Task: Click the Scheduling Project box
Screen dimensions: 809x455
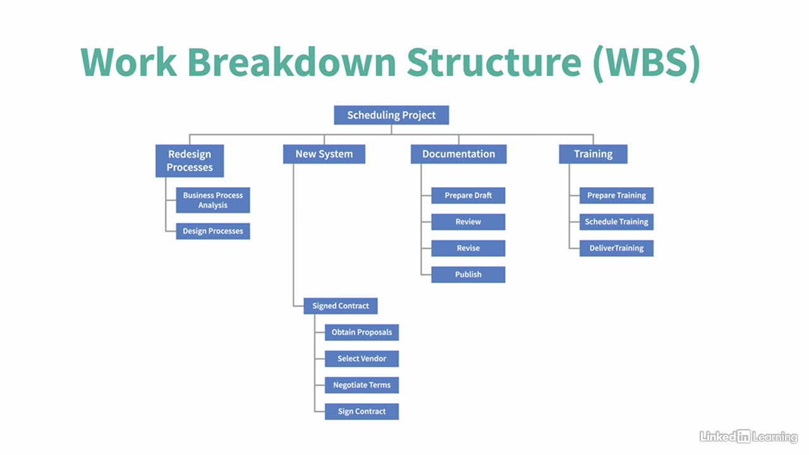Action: [x=391, y=115]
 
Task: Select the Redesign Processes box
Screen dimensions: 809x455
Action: [x=190, y=161]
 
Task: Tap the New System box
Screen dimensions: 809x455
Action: [x=324, y=154]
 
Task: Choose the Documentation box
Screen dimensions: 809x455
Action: [x=459, y=154]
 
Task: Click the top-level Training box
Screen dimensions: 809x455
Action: [x=593, y=154]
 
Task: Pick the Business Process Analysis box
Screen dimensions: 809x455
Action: [x=213, y=200]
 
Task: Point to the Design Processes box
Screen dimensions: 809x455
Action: [x=213, y=231]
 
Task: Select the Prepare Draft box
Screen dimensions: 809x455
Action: [x=468, y=195]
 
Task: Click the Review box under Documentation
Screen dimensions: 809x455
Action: [x=468, y=222]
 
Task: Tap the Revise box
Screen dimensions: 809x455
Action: [x=468, y=248]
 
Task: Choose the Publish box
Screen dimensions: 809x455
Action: [x=468, y=274]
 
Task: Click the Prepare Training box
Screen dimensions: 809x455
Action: [x=616, y=195]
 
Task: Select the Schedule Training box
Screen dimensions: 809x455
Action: [x=616, y=222]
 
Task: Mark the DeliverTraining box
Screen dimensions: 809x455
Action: [x=616, y=248]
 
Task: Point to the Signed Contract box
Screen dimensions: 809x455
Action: [x=341, y=306]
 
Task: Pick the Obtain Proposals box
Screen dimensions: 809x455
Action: [x=362, y=332]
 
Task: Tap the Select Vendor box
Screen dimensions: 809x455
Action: [x=362, y=358]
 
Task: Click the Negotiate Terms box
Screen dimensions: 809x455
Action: [x=362, y=385]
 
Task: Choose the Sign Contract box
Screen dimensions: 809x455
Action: [x=362, y=411]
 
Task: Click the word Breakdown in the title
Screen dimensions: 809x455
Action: [x=292, y=62]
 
